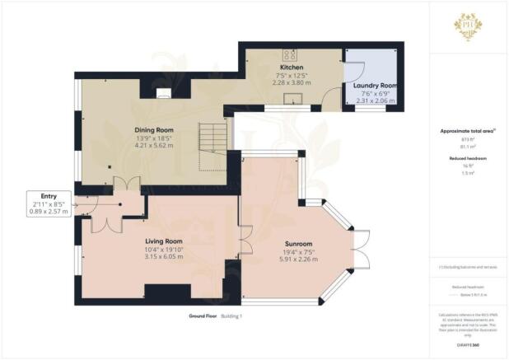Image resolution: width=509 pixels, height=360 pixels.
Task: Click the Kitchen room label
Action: [x=292, y=68]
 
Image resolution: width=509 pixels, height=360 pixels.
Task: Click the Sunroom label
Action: [x=277, y=245]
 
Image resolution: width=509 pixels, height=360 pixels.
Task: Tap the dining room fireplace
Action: [x=165, y=92]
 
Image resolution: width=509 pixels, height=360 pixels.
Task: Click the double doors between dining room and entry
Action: [x=120, y=184]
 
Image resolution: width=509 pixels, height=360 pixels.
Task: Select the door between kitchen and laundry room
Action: [x=334, y=98]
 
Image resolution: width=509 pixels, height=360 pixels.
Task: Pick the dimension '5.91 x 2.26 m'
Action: [x=277, y=259]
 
